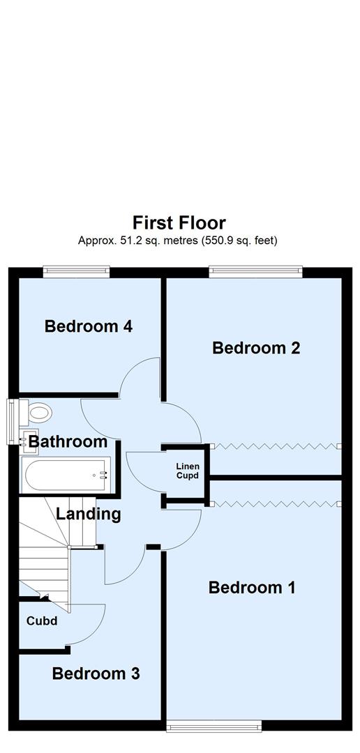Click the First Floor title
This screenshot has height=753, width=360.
point(179,223)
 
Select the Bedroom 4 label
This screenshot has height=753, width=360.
point(89,326)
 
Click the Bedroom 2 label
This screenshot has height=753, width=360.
point(256,347)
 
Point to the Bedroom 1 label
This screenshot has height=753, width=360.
point(252,588)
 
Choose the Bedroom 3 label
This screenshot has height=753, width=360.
point(96,674)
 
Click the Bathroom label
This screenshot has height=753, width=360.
point(68,441)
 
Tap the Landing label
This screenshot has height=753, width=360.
point(89,515)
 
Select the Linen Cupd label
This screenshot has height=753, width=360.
point(186,471)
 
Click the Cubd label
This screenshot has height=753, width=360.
point(41,621)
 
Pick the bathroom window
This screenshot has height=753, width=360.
point(12,421)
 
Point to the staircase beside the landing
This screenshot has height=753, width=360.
point(43,551)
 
